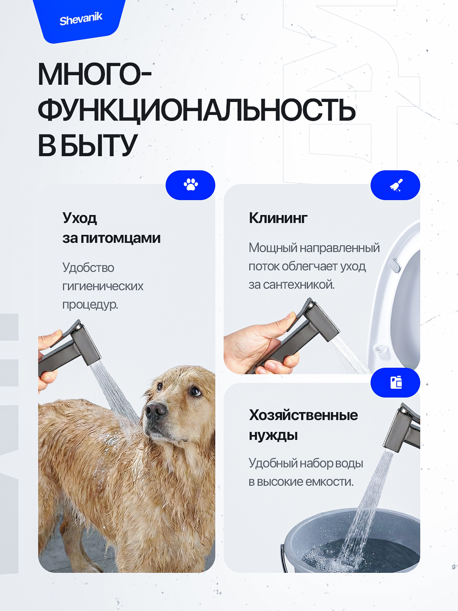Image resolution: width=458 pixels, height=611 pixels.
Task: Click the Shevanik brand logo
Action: tap(81, 19)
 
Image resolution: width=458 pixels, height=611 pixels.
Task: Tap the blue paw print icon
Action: tap(190, 185)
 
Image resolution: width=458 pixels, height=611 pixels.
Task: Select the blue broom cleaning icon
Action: tap(396, 185)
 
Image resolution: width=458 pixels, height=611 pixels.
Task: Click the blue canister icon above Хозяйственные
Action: tap(396, 382)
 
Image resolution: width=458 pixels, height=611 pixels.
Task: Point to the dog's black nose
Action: tap(155, 411)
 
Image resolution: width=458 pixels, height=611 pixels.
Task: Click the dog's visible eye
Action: tap(195, 391)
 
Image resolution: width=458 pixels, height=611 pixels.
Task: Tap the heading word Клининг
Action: tap(278, 218)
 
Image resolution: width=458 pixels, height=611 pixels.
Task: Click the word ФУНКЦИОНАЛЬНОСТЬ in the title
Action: tap(197, 110)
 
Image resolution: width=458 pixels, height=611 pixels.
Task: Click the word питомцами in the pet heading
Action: tap(121, 238)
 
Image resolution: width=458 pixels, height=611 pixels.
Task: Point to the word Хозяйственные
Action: tap(303, 415)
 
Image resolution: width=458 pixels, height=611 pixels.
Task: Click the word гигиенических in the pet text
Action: tap(103, 286)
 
